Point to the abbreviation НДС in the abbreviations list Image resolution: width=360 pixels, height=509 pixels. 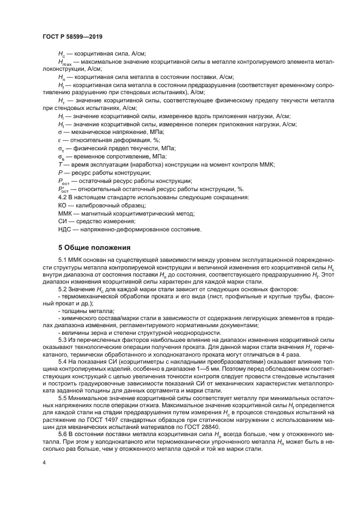pyautogui.click(x=64, y=229)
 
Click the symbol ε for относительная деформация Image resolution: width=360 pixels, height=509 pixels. pyautogui.click(x=59, y=140)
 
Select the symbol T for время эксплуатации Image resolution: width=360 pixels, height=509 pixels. pyautogui.click(x=59, y=164)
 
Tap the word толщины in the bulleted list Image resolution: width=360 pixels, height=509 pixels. pyautogui.click(x=74, y=310)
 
